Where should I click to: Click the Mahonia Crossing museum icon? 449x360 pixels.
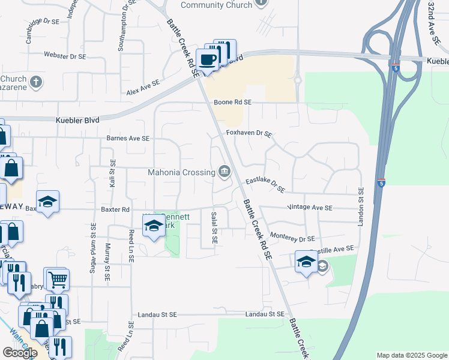pos(224,173)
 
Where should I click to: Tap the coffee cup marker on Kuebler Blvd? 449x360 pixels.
pos(208,59)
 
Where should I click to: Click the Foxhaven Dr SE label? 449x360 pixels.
pos(249,133)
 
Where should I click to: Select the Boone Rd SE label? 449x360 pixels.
pos(232,103)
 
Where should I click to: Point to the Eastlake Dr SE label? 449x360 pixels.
pos(265,185)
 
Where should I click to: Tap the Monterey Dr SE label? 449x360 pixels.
pos(292,238)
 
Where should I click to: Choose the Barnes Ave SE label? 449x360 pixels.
pos(127,139)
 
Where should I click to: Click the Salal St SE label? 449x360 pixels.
pos(214,227)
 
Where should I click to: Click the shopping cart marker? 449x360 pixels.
pos(57,278)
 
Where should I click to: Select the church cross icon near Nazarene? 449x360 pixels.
pos(35,81)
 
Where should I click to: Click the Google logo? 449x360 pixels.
pos(20,353)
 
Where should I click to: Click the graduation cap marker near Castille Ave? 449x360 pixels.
pos(306,262)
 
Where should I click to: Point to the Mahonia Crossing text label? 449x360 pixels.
pos(181,173)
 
